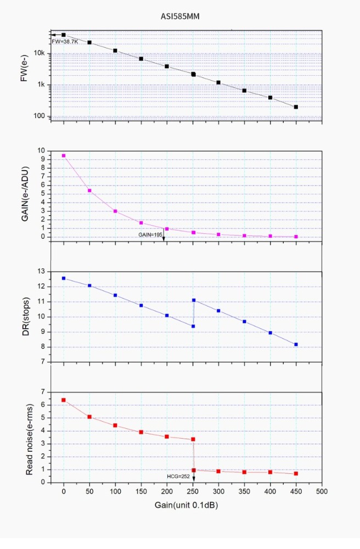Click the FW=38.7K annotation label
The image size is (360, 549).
64,41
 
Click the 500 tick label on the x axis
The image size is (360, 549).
322,491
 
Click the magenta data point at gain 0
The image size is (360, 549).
64,155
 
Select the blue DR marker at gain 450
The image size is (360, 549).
296,344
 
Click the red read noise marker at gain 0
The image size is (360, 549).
64,400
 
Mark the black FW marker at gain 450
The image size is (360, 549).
296,107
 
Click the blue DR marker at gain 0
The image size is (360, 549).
64,278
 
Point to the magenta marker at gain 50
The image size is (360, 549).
89,191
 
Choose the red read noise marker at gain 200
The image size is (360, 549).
167,436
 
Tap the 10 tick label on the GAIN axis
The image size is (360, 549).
41,150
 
